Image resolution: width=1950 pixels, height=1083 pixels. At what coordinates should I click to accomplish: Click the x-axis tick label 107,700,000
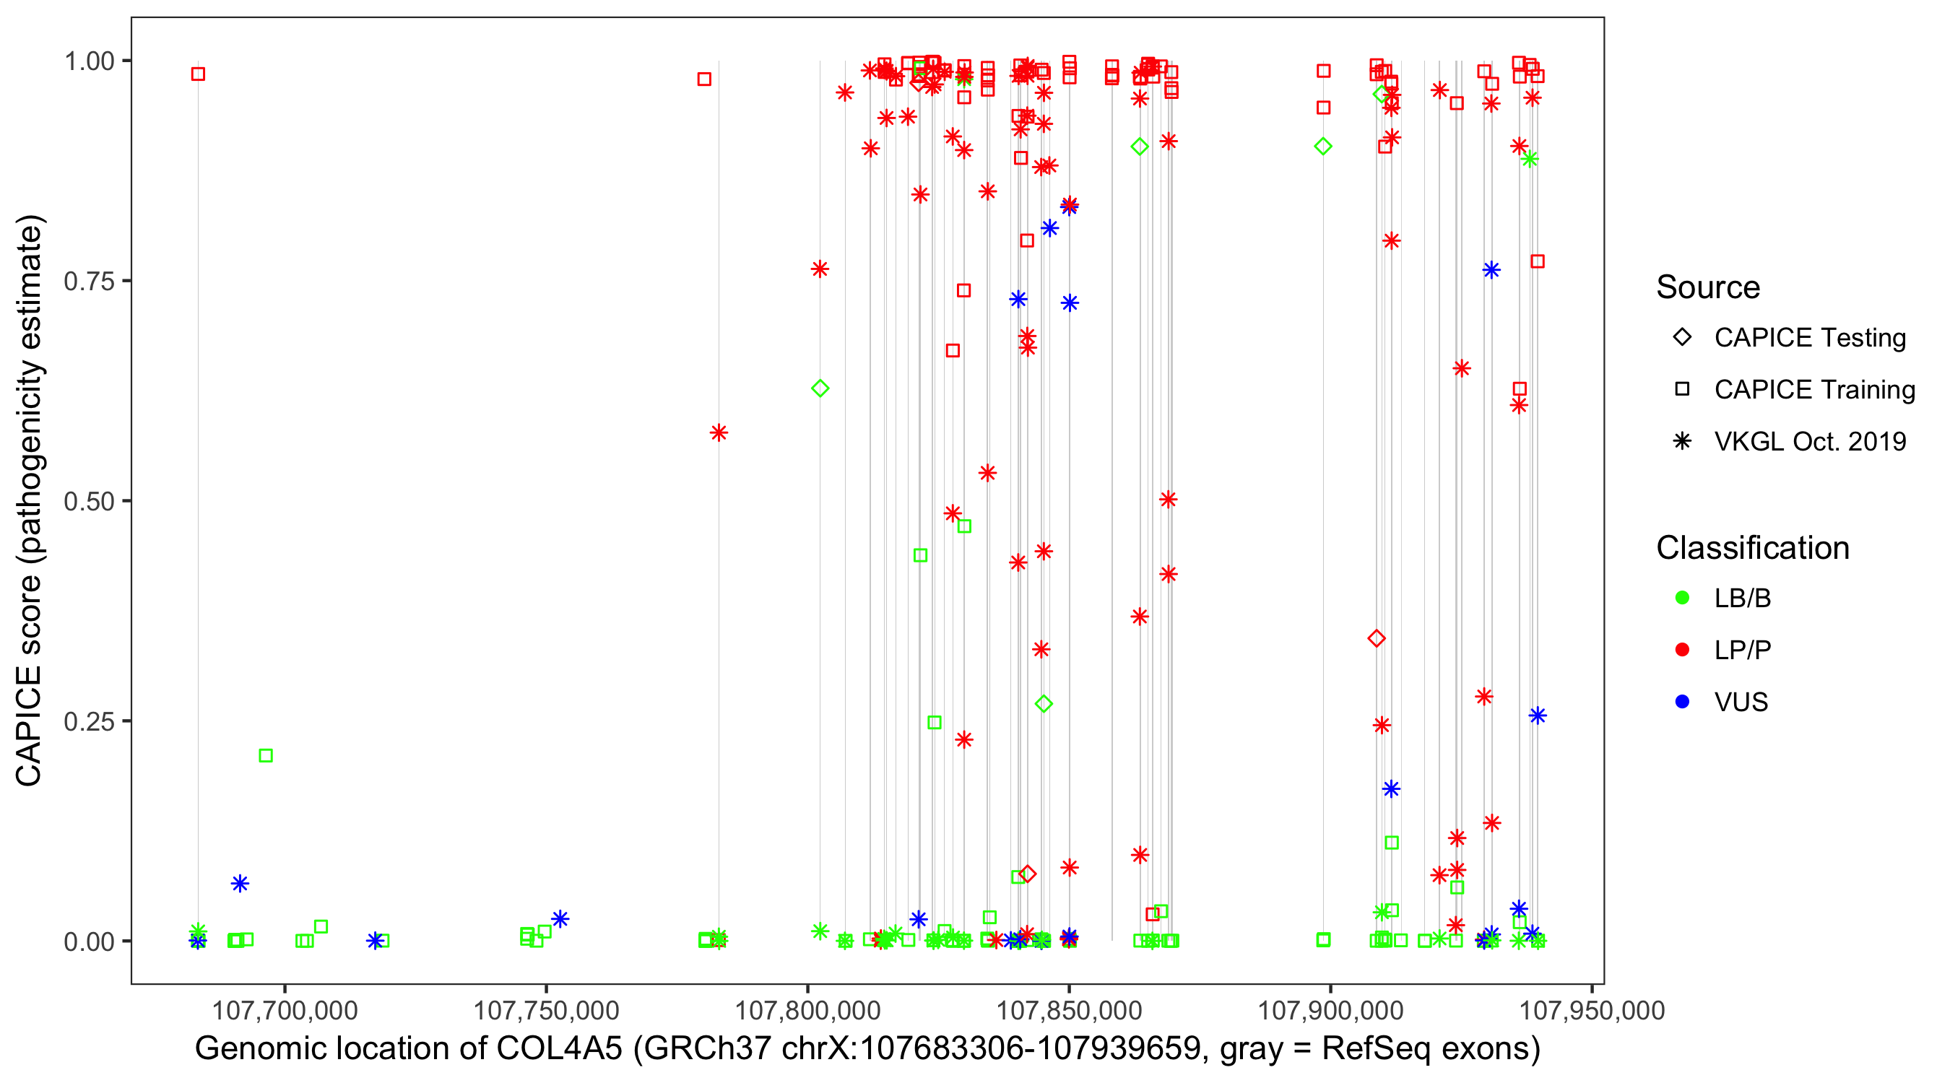pos(285,1010)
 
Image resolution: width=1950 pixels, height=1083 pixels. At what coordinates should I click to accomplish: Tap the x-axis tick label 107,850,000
pos(1069,1010)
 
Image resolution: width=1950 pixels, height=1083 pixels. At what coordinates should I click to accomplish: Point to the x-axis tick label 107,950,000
pos(1592,1010)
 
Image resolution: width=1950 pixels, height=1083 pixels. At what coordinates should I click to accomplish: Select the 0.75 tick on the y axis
pos(88,281)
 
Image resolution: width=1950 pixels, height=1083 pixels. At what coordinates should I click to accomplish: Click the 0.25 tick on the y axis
pos(88,721)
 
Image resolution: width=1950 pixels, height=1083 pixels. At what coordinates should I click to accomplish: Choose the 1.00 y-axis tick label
pos(88,61)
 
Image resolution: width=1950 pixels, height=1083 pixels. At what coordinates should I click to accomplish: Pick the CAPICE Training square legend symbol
pos(1682,389)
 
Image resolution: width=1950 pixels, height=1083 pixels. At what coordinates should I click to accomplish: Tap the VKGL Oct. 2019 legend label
pos(1810,441)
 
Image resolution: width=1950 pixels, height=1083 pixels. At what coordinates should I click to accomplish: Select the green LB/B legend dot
pos(1682,598)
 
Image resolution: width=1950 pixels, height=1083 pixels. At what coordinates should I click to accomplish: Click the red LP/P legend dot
pos(1682,650)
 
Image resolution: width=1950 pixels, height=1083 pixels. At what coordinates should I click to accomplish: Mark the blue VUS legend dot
pos(1682,702)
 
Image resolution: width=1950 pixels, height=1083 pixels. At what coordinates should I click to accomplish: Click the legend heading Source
pos(1708,287)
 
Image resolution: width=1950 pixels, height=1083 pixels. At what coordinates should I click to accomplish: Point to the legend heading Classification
pos(1752,548)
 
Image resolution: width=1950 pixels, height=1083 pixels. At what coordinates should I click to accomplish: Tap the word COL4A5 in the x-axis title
pos(559,1049)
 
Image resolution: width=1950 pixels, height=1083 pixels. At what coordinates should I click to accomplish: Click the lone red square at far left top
pos(199,74)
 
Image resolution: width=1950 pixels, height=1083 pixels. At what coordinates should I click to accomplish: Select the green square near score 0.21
pos(266,755)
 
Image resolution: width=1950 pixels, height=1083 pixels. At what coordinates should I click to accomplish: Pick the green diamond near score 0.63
pos(820,388)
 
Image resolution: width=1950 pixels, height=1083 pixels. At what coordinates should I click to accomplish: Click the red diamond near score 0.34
pos(1377,638)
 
